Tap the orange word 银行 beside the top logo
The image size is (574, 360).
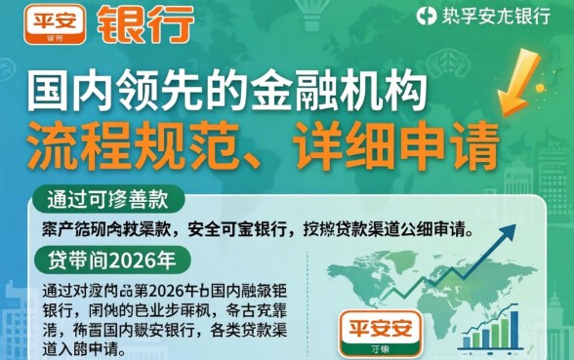[x=145, y=21]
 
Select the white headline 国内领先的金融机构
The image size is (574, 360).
[x=228, y=94]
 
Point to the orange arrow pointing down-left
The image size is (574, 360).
[x=518, y=87]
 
